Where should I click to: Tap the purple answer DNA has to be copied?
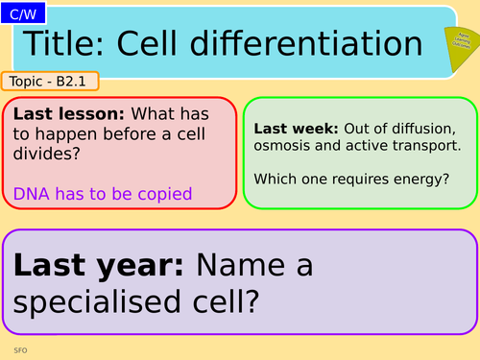103,194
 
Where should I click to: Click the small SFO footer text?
20,350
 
